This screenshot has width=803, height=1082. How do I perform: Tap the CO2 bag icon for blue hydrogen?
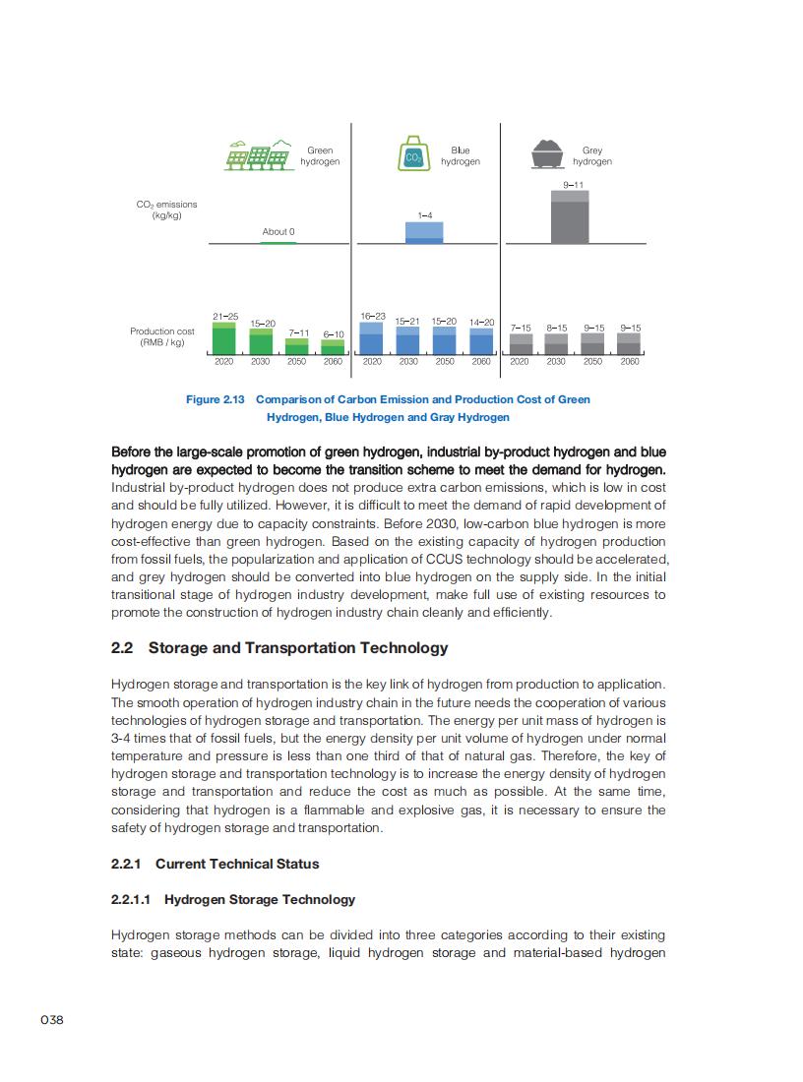[413, 155]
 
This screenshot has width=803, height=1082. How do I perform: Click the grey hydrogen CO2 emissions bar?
[570, 217]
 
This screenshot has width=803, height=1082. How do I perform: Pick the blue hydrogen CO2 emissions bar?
[424, 232]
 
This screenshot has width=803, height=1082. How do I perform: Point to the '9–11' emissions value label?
[574, 185]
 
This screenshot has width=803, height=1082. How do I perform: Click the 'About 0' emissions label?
[278, 232]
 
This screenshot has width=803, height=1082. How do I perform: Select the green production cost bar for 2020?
[224, 337]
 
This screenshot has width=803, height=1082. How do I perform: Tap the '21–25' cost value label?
[224, 316]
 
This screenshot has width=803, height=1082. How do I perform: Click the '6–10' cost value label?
[333, 334]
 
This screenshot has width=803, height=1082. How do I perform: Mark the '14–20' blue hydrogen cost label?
[481, 322]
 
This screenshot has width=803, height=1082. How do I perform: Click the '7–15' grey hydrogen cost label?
[521, 328]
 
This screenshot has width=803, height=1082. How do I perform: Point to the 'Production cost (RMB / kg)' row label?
[162, 336]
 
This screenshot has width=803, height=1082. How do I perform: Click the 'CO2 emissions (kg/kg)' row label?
[166, 210]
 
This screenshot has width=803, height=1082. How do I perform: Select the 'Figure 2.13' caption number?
[216, 399]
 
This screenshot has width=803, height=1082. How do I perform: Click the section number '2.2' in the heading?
[122, 647]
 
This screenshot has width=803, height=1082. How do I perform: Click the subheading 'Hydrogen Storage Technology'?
[260, 899]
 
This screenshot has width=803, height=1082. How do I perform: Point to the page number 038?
[52, 1020]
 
